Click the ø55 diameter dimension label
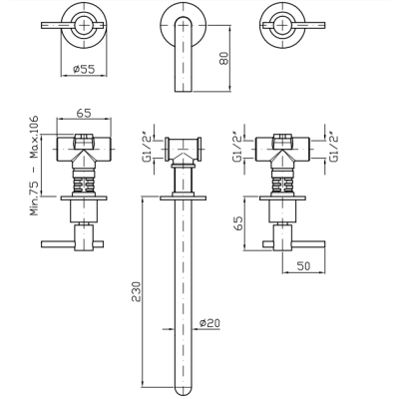[84, 69]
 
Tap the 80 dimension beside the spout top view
[224, 58]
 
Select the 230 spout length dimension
[136, 291]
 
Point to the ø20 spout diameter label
[209, 323]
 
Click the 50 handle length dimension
[303, 266]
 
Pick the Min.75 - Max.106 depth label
[34, 166]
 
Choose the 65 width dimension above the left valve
[84, 113]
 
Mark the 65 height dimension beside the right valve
[238, 222]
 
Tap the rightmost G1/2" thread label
[333, 147]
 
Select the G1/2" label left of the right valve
[237, 148]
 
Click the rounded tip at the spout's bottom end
[184, 391]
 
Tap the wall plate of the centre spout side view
[184, 199]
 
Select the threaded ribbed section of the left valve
[84, 185]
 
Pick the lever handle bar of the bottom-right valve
[294, 244]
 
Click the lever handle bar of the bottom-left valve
[72, 244]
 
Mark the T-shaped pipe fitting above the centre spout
[184, 151]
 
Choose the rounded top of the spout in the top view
[184, 20]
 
